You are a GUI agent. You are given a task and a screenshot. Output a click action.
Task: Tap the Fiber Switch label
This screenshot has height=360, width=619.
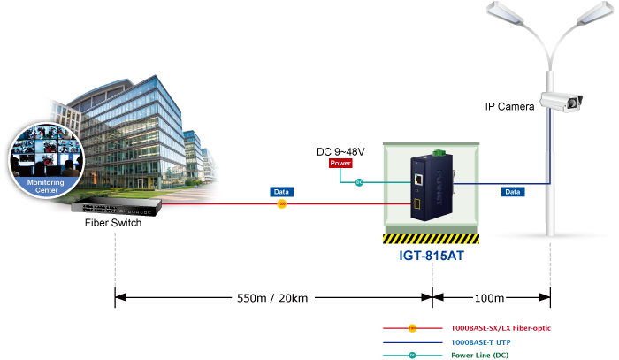(113, 223)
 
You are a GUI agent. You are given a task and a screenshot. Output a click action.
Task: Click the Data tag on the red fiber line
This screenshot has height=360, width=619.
(281, 191)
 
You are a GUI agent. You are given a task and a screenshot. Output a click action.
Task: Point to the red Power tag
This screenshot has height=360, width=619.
(340, 164)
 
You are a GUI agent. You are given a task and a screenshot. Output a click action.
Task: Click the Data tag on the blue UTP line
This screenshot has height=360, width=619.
(512, 191)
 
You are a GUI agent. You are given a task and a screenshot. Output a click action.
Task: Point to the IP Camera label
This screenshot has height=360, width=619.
(509, 107)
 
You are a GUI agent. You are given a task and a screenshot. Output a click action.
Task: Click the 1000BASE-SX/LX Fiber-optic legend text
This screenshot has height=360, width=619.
(501, 327)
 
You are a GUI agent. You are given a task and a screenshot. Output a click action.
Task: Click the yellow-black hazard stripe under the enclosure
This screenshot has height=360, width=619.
(431, 238)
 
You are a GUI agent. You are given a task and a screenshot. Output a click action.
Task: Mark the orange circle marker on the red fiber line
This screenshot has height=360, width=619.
(281, 204)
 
